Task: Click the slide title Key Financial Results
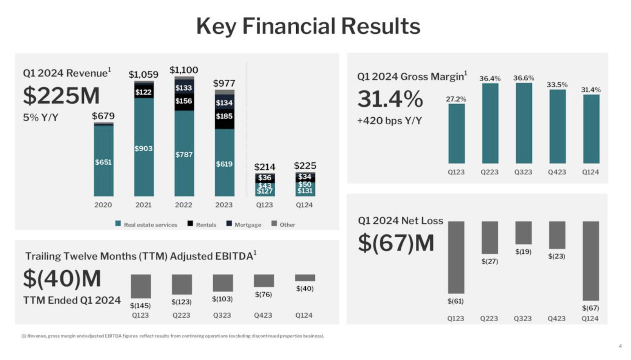(x=308, y=26)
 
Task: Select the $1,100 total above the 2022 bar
(x=183, y=70)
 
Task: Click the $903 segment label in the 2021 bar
(x=143, y=148)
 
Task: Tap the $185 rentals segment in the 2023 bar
(x=224, y=116)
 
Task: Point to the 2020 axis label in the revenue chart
(x=103, y=205)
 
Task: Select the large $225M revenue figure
(x=62, y=95)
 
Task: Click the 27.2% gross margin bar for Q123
(x=456, y=133)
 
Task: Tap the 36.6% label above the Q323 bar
(x=524, y=78)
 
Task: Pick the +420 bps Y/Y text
(x=389, y=120)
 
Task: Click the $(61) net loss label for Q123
(x=455, y=301)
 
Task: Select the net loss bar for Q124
(x=590, y=260)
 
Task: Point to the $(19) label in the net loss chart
(x=523, y=251)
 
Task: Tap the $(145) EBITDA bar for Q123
(x=141, y=286)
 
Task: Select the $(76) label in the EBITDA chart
(x=263, y=294)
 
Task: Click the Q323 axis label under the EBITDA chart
(x=222, y=315)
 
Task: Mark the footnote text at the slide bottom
(x=173, y=336)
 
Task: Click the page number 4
(x=620, y=346)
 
